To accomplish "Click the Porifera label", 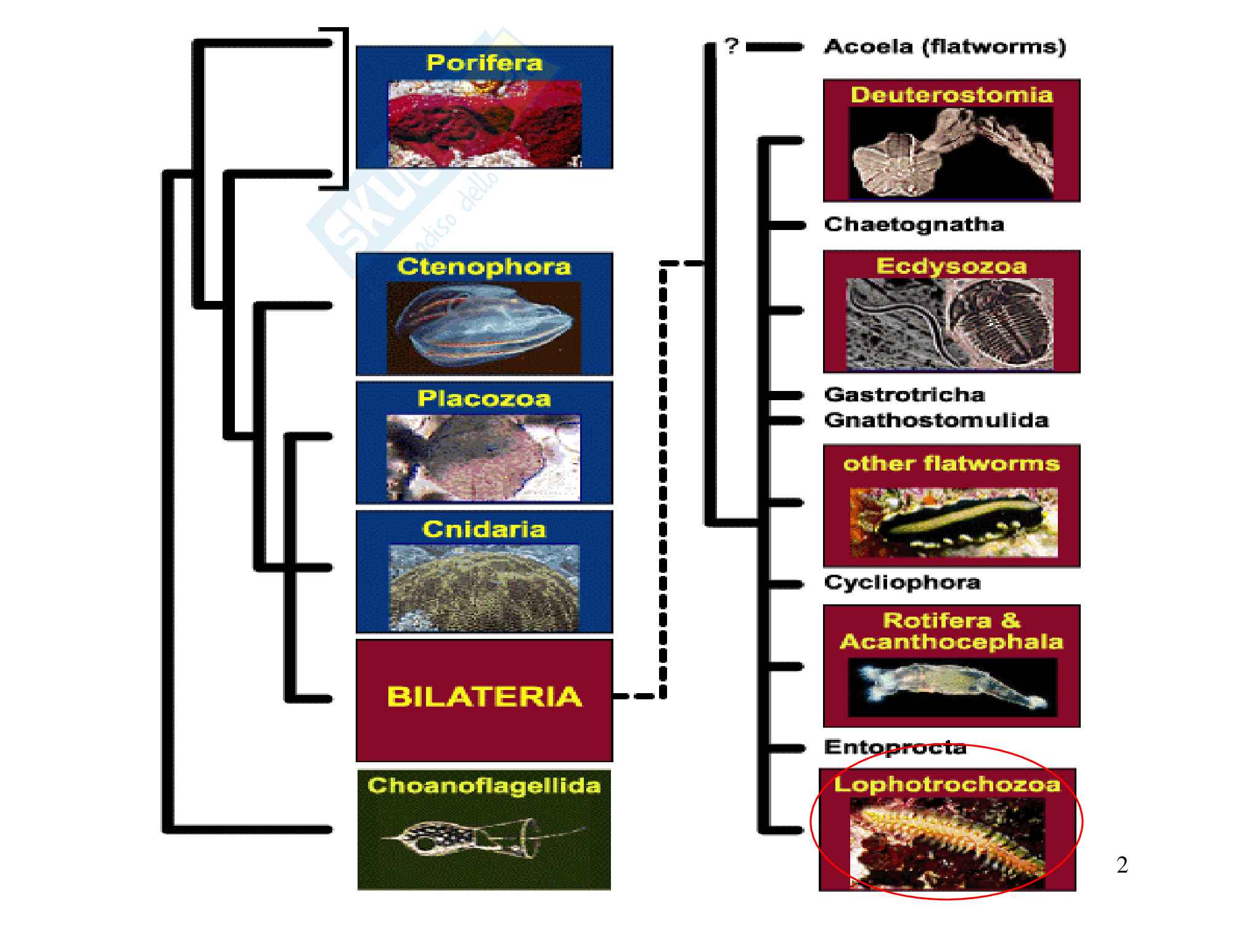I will (484, 63).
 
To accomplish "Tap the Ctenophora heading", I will (484, 267).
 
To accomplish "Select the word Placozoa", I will (484, 398).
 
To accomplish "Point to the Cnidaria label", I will (484, 529).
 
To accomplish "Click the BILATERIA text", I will (484, 697).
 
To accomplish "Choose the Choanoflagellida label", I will (484, 786).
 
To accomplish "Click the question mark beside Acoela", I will (731, 46).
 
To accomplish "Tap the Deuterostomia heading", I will (951, 95).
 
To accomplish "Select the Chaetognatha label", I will (914, 224).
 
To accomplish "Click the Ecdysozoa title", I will (951, 266).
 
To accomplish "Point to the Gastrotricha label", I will (904, 394).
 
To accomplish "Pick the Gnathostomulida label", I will (936, 421).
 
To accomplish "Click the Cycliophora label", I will (902, 583).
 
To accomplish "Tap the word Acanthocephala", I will (951, 642).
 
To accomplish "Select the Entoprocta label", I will (895, 747).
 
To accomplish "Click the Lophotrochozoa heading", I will (947, 784).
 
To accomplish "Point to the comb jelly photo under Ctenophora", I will (484, 327).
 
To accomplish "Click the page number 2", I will (1122, 865).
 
